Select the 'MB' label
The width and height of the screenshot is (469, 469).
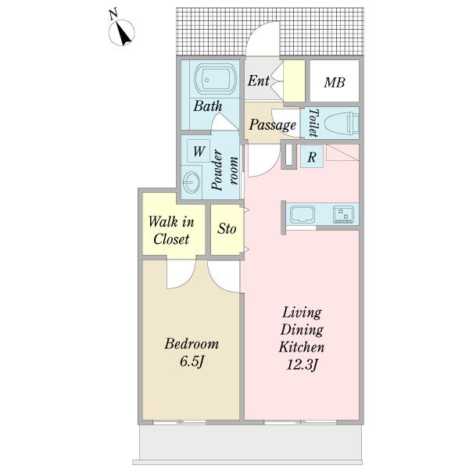click(x=335, y=83)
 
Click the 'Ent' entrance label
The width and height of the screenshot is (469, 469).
click(x=259, y=81)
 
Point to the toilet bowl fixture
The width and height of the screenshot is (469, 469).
click(x=341, y=123)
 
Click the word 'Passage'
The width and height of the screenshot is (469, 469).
click(x=273, y=125)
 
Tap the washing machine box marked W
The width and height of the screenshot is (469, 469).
click(x=199, y=151)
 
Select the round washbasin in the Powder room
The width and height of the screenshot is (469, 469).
click(x=192, y=182)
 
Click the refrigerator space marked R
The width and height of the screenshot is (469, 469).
click(x=312, y=156)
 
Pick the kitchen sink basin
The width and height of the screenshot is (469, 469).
click(x=301, y=214)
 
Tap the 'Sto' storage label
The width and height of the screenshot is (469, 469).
click(x=227, y=229)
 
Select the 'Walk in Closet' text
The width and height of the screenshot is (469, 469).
click(x=171, y=231)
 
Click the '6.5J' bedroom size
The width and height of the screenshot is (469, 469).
click(x=192, y=362)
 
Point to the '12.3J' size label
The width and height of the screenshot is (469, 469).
click(x=302, y=365)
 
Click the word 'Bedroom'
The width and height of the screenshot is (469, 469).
click(x=192, y=344)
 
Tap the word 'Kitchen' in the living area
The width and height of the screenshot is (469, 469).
click(x=302, y=347)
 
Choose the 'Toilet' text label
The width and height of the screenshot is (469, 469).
click(x=313, y=123)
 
